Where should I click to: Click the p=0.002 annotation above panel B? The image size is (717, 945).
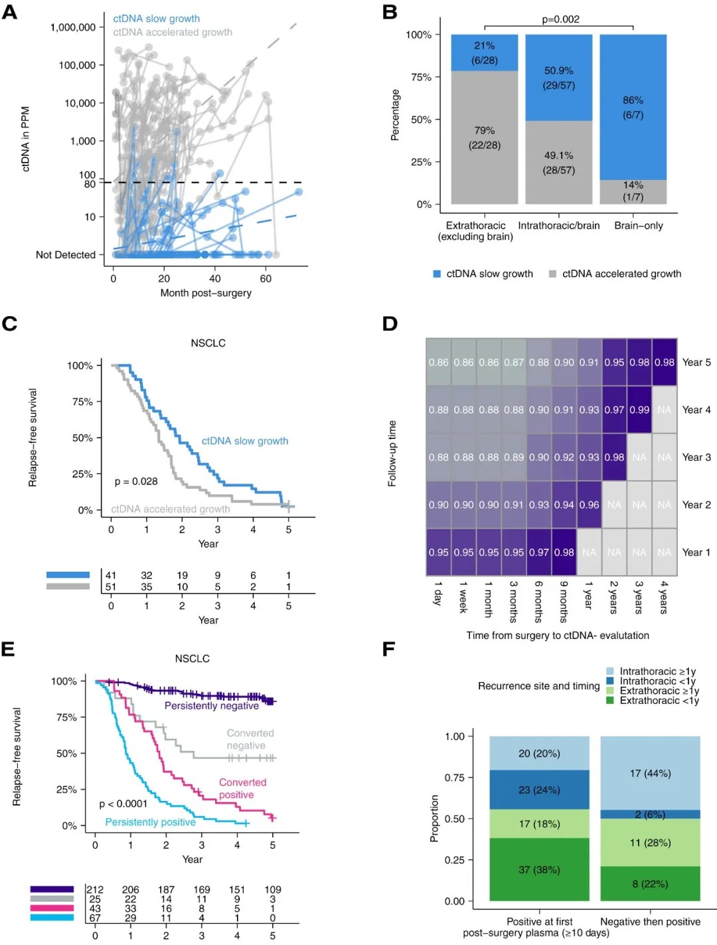coord(560,19)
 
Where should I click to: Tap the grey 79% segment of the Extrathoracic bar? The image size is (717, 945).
coord(485,137)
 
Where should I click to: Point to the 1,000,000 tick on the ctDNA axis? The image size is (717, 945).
coord(73,27)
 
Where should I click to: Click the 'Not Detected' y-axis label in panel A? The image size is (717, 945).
coord(66,254)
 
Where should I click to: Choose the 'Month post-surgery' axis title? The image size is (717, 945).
coord(206,293)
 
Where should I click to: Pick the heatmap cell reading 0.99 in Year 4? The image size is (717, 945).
coord(639,410)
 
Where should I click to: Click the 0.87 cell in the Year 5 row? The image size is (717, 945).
coord(514,363)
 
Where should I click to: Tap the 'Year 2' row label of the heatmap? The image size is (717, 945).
coord(696,505)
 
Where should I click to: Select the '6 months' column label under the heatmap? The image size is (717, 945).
coord(538,602)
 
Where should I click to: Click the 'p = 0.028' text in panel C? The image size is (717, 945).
coord(136,481)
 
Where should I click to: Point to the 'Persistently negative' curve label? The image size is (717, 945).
coord(212,706)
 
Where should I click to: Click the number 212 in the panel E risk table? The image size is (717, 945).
coord(95,889)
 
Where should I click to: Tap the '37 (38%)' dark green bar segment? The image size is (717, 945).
coord(539,870)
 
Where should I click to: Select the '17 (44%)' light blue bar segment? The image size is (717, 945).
coord(650,774)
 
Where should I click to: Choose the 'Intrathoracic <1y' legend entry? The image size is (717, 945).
coord(657,681)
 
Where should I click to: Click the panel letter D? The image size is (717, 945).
coord(390,324)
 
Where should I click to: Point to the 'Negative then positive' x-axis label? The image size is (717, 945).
coord(650,922)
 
